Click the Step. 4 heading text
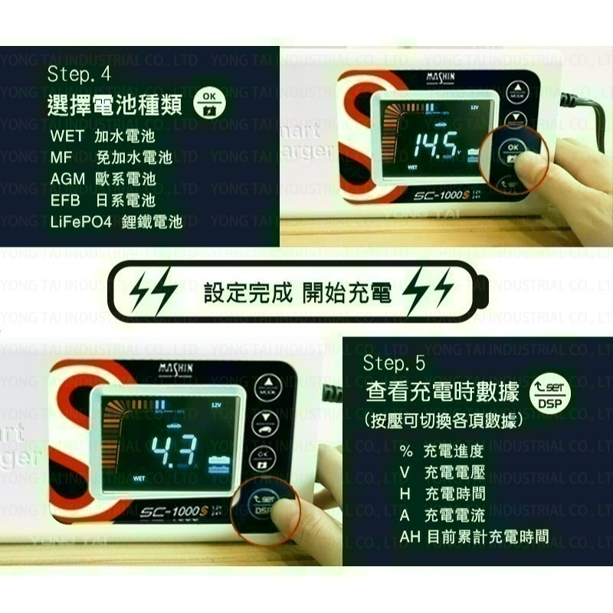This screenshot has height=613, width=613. [x=79, y=75]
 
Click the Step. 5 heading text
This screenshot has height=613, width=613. [x=394, y=362]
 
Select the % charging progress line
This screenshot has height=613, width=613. [x=442, y=451]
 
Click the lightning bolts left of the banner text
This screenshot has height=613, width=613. [x=153, y=292]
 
